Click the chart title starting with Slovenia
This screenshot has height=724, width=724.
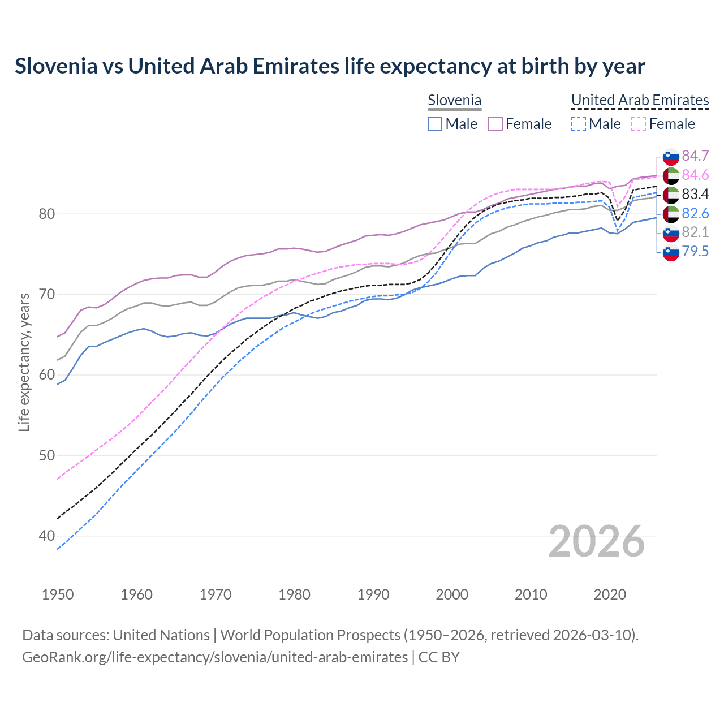coord(330,66)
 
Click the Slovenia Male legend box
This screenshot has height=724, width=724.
coord(434,124)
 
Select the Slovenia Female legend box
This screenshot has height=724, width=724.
coord(495,124)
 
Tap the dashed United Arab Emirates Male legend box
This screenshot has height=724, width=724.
coord(578,124)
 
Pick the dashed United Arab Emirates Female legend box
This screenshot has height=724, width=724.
coord(638,124)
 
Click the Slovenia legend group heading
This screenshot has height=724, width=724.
coord(454,101)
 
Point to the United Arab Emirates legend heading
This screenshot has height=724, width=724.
coord(640,101)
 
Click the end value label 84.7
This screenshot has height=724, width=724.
coord(695,156)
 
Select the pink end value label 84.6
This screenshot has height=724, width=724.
coord(695,175)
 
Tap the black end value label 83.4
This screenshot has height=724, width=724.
coord(695,194)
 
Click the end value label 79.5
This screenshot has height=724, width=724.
coord(695,251)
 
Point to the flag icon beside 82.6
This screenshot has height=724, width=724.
coord(671,213)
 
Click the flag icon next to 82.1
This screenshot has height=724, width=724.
coord(671,232)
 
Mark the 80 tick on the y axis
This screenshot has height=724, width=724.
coord(47,214)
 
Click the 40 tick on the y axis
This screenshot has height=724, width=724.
coord(47,536)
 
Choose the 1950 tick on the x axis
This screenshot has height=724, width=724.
coord(58,594)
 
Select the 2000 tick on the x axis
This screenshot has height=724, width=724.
coord(452,594)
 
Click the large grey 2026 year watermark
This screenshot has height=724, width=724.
coord(596,541)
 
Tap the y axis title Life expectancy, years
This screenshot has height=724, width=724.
coord(24,362)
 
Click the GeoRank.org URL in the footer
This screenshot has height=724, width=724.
coord(215,657)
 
